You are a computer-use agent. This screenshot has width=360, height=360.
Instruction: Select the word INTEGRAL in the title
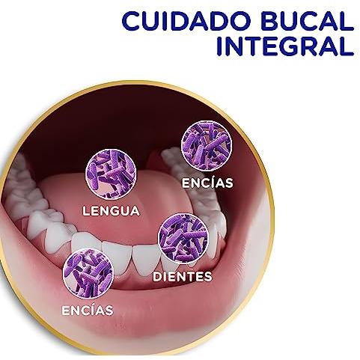point(285,46)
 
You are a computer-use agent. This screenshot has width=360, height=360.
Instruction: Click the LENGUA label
point(111,211)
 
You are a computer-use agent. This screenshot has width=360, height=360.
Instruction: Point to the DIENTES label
point(183,276)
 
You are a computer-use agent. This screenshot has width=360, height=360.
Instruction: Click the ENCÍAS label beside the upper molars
point(207,183)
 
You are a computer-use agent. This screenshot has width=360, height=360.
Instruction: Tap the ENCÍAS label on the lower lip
point(88,310)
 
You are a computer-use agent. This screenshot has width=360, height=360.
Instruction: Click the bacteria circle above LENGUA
point(111,174)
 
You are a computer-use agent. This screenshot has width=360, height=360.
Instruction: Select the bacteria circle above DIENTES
point(183,239)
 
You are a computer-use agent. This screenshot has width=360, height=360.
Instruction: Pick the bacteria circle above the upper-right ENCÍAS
point(207,146)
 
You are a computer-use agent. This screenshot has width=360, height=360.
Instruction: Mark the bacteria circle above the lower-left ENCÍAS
point(88,273)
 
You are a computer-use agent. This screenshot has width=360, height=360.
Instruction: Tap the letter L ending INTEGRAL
point(347,46)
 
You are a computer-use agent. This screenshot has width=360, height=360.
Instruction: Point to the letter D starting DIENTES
point(157,276)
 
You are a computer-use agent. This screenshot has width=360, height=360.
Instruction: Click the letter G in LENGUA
point(113,211)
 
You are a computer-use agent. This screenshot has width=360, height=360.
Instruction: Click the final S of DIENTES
point(208,276)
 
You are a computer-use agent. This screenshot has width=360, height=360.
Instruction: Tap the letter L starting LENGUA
point(86,211)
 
